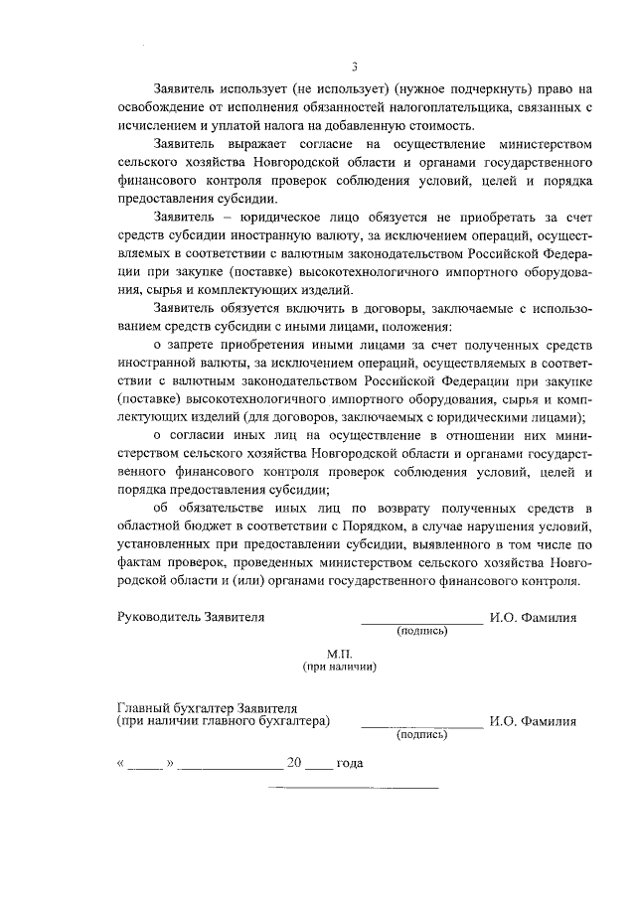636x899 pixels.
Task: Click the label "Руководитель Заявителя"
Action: click(191, 617)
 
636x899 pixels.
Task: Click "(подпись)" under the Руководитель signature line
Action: click(421, 632)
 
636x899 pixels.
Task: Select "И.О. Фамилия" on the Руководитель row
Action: click(533, 617)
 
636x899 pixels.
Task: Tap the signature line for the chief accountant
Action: click(421, 725)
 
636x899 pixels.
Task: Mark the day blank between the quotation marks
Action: click(144, 766)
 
